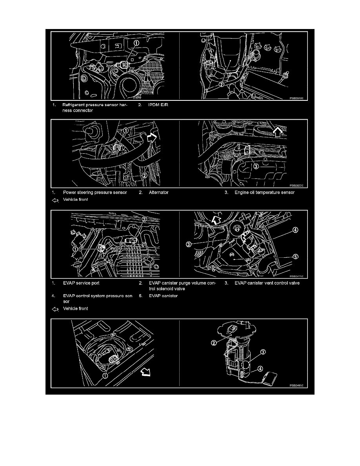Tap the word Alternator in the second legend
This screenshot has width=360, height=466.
[x=158, y=193]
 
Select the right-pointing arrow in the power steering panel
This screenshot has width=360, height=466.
[x=151, y=137]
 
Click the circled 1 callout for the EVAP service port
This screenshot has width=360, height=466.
[x=75, y=248]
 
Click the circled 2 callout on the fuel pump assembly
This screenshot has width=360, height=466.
[x=214, y=343]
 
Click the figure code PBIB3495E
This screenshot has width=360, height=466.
[x=296, y=385]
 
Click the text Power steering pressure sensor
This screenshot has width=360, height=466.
[x=95, y=193]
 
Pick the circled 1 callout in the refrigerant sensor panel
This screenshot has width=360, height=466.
[x=136, y=44]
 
